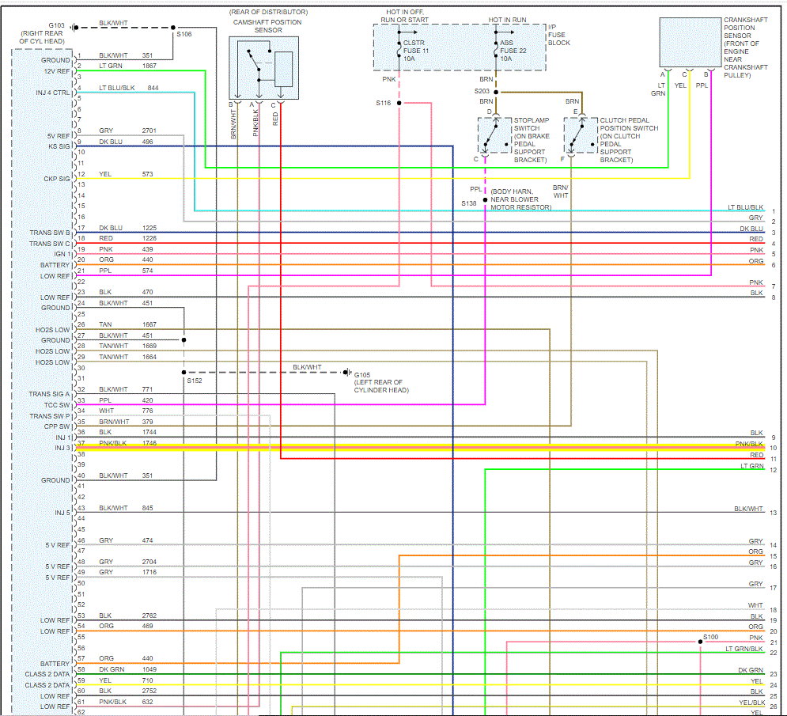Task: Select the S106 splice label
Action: pyautogui.click(x=184, y=34)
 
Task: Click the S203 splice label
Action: pyautogui.click(x=482, y=91)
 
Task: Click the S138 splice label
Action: pyautogui.click(x=470, y=203)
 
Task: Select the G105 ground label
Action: pyautogui.click(x=363, y=374)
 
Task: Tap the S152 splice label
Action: pyautogui.click(x=195, y=381)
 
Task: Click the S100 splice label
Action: pyautogui.click(x=710, y=637)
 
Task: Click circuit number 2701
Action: pyautogui.click(x=150, y=131)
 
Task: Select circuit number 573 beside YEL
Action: pyautogui.click(x=148, y=174)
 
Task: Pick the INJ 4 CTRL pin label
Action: pyautogui.click(x=53, y=93)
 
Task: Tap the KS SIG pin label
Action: pyautogui.click(x=59, y=146)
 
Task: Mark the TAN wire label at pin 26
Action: pyautogui.click(x=105, y=324)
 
